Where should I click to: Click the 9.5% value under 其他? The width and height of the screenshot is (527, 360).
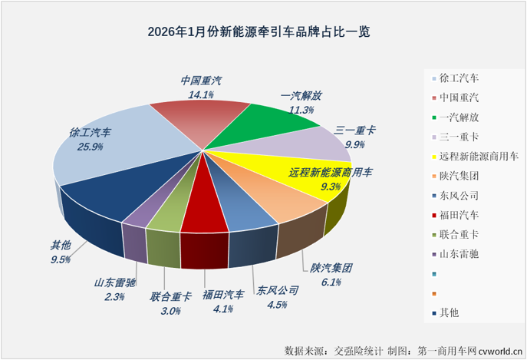61,259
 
